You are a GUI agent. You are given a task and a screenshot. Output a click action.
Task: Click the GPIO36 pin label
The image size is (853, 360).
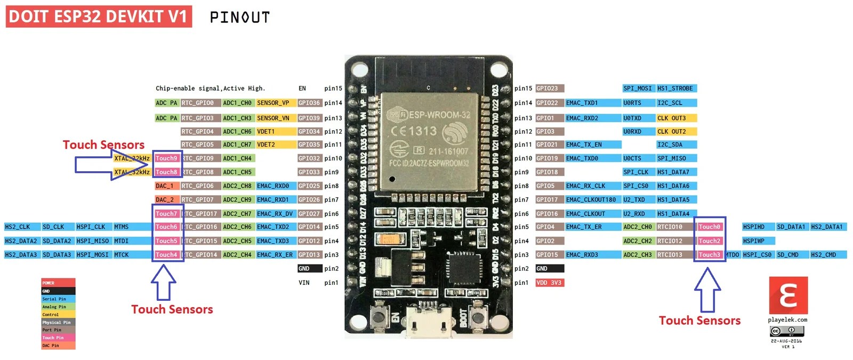[309, 103]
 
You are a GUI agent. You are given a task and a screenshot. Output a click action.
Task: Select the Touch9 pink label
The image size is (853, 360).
[166, 158]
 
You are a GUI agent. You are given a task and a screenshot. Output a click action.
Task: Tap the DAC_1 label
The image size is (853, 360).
[165, 186]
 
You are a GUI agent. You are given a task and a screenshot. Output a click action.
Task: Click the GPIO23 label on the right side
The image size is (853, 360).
[549, 89]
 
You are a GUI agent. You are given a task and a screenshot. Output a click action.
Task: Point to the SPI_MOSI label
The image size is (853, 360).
[638, 89]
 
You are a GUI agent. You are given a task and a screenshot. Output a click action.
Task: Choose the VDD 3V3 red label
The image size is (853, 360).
[549, 283]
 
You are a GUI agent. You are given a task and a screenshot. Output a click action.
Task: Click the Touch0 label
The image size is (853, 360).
[710, 227]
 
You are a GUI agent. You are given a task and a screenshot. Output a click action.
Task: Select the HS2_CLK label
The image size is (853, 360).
[18, 227]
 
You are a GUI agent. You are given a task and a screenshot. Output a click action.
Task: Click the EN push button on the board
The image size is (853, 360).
[381, 318]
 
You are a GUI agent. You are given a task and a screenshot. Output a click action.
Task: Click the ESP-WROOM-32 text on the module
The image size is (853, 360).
[439, 115]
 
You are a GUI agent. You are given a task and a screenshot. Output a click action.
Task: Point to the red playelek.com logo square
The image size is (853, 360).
[788, 295]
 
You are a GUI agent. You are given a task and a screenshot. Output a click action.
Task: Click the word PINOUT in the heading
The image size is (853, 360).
[239, 18]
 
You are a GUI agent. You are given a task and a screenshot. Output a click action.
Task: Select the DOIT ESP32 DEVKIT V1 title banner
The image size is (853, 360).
[99, 17]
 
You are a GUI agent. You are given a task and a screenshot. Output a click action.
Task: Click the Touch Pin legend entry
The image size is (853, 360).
[58, 338]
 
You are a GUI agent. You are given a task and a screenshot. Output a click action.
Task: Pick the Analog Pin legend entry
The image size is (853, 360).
[58, 307]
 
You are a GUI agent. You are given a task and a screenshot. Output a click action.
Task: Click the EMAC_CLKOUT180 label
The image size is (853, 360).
[591, 199]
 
